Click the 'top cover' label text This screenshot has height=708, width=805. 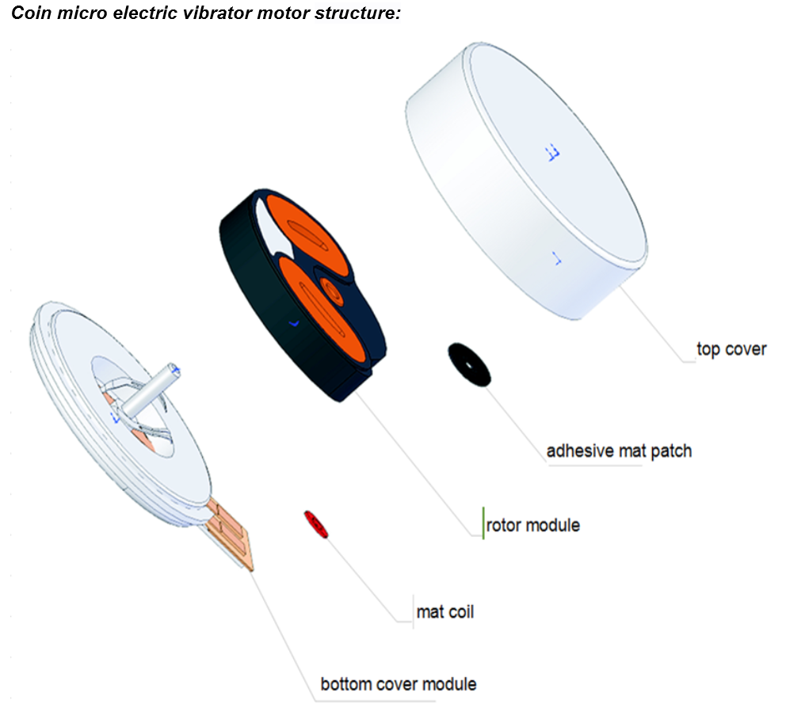pyautogui.click(x=731, y=349)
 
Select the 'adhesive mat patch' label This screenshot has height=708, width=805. pyautogui.click(x=619, y=451)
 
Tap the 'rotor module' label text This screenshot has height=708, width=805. pyautogui.click(x=533, y=525)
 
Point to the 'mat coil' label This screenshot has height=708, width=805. pyautogui.click(x=445, y=612)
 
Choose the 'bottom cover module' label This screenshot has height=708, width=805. pyautogui.click(x=399, y=684)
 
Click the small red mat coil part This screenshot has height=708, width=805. pyautogui.click(x=315, y=524)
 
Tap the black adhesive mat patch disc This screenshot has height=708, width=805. pyautogui.click(x=469, y=365)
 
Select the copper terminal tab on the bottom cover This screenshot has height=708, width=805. pyautogui.click(x=230, y=534)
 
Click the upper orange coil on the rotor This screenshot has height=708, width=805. pyautogui.click(x=307, y=237)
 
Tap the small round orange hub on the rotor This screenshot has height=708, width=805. pyautogui.click(x=332, y=291)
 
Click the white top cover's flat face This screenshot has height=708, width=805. pyautogui.click(x=557, y=154)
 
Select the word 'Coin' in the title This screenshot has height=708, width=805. pyautogui.click(x=31, y=13)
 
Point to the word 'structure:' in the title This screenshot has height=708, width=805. pyautogui.click(x=357, y=13)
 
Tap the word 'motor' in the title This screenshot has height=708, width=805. pyautogui.click(x=283, y=13)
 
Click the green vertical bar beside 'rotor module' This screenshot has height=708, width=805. pyautogui.click(x=483, y=523)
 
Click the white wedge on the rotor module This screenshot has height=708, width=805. pyautogui.click(x=272, y=231)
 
